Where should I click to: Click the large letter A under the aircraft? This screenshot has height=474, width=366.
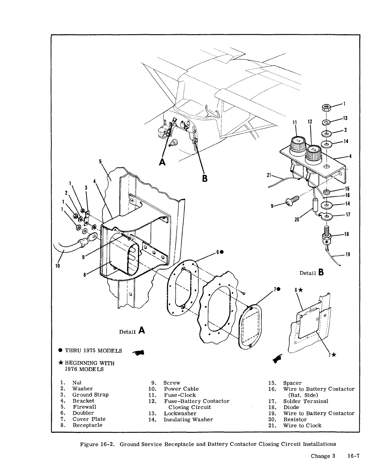click(163, 162)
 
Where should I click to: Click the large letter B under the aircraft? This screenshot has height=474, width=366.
click(205, 178)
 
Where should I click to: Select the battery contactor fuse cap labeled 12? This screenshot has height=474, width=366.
click(312, 153)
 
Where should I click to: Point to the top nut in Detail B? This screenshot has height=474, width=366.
click(327, 108)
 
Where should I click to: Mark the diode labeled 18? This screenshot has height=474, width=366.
click(327, 238)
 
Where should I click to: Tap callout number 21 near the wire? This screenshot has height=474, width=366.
click(269, 175)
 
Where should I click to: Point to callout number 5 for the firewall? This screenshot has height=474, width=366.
click(100, 161)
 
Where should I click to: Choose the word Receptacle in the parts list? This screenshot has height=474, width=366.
click(87, 425)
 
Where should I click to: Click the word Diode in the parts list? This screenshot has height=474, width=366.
click(291, 407)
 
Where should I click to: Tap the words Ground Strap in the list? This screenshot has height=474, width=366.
click(90, 395)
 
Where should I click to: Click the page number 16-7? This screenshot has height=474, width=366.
click(353, 456)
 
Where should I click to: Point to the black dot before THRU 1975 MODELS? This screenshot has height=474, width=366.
click(60, 351)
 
